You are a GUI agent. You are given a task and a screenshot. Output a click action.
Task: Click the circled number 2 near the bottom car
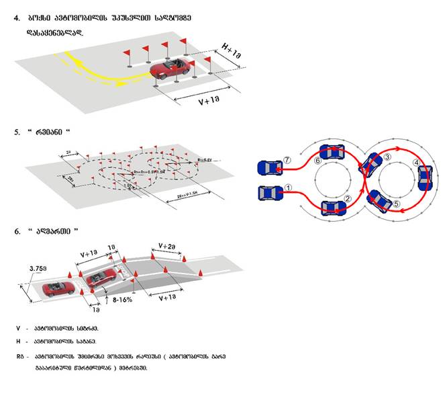click(348, 198)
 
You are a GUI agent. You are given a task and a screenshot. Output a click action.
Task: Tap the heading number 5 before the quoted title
click(17, 133)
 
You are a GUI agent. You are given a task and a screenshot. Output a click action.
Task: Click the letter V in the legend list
click(18, 328)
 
